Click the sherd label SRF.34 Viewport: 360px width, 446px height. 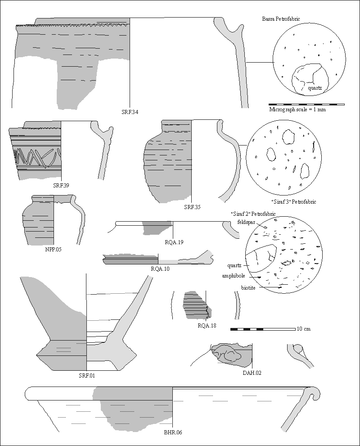pyautogui.click(x=130, y=112)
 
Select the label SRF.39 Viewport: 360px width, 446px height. pyautogui.click(x=61, y=185)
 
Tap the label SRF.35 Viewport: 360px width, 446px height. pyautogui.click(x=192, y=207)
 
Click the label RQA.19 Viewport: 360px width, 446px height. pyautogui.click(x=174, y=242)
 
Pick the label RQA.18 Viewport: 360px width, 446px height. pyautogui.click(x=207, y=325)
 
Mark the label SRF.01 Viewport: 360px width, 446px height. pyautogui.click(x=85, y=374)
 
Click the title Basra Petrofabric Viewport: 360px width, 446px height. pyautogui.click(x=281, y=19)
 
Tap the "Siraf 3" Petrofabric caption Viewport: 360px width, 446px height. pyautogui.click(x=293, y=202)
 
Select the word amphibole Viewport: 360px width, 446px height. pyautogui.click(x=233, y=276)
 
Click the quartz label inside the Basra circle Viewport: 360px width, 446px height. pyautogui.click(x=315, y=88)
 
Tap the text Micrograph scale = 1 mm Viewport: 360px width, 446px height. pyautogui.click(x=297, y=109)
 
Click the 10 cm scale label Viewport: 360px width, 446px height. pyautogui.click(x=304, y=329)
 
